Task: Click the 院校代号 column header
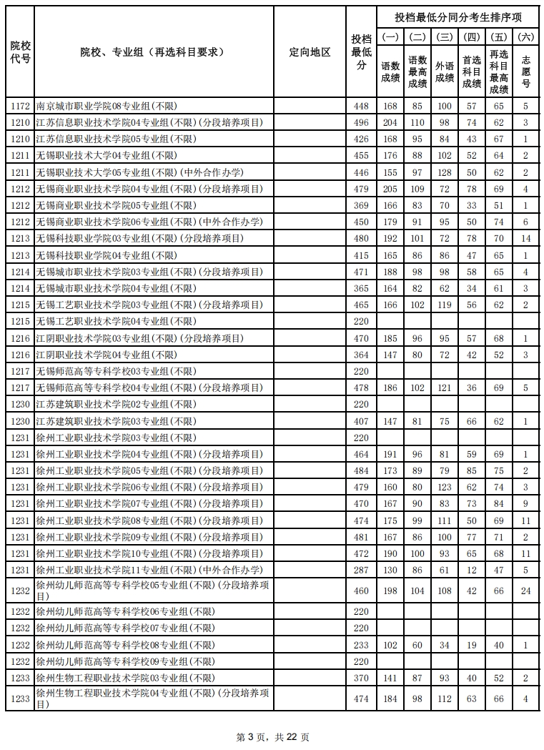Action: [20, 52]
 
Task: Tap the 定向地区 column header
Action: [310, 52]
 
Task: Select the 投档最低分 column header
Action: [361, 52]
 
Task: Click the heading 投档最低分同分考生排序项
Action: [458, 17]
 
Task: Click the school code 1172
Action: [20, 107]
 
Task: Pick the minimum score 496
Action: [361, 123]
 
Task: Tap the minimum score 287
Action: [361, 570]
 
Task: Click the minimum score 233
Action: [361, 645]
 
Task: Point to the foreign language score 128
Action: [445, 173]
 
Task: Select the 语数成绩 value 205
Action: [390, 189]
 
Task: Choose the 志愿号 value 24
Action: [526, 591]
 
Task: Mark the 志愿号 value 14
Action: [526, 239]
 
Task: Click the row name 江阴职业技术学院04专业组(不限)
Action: [106, 355]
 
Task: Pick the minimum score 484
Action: [361, 470]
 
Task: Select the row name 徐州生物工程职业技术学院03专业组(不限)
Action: [125, 678]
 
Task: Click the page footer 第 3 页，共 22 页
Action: [272, 737]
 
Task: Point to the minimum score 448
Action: [361, 107]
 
